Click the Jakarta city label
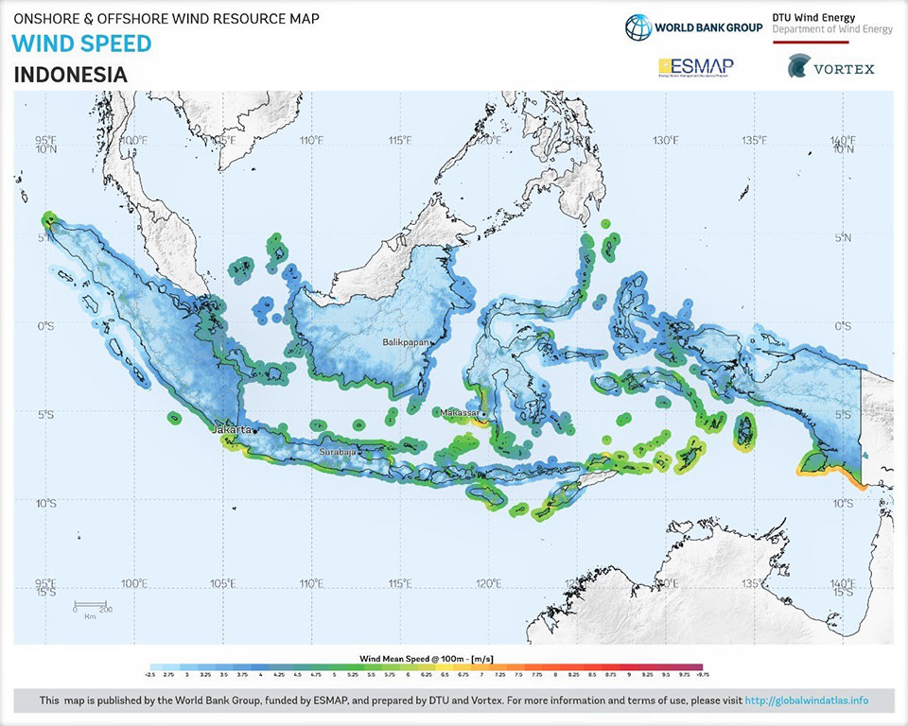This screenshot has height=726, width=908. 234,430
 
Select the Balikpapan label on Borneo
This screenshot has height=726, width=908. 405,342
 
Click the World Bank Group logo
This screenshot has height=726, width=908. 693,26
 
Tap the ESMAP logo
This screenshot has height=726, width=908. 695,67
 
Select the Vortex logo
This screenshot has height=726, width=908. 830,68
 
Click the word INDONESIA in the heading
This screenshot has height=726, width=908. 71,75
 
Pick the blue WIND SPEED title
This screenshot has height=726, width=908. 82,43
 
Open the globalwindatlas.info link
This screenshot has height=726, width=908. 806,701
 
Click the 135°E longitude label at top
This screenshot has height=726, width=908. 754,141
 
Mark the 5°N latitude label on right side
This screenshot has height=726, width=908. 846,237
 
